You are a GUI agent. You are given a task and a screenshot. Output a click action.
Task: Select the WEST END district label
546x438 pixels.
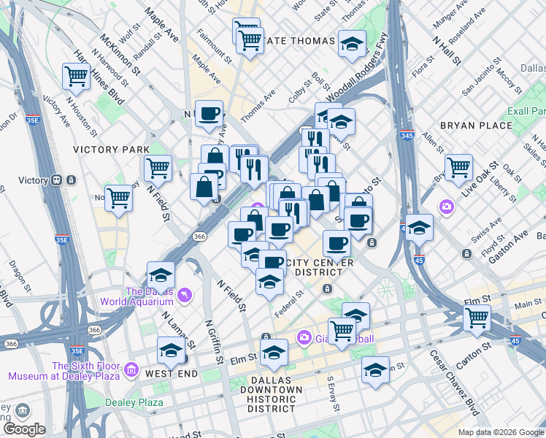point(172,374)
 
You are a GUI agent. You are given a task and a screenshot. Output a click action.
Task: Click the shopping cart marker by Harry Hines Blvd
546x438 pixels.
point(76,75)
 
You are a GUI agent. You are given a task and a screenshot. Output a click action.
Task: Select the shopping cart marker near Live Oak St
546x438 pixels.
point(458,167)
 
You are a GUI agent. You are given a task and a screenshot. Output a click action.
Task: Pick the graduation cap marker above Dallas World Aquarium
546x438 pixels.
point(161,275)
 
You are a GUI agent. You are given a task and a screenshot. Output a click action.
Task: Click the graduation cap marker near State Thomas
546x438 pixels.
point(352,45)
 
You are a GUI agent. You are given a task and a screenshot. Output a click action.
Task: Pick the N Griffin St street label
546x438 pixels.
point(212,342)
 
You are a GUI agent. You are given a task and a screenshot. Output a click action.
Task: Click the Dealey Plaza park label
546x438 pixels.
point(134,402)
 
